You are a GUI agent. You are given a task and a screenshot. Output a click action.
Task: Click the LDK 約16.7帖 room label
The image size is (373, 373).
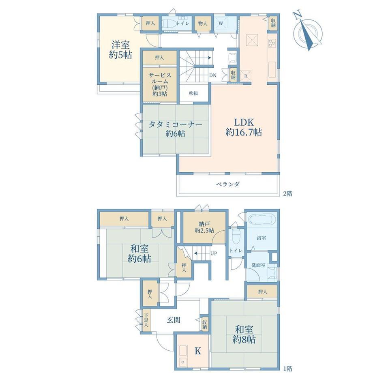click(244, 127)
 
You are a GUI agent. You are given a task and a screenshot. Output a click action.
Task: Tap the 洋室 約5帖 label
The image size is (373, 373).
click(120, 50)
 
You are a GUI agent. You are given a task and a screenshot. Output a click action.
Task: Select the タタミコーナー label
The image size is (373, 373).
click(175, 124)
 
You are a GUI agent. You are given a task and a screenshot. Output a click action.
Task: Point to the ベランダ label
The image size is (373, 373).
click(228, 184)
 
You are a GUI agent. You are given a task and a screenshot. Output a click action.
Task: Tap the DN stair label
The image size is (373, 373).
click(213, 75)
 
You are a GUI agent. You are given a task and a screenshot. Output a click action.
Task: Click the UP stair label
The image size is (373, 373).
click(214, 253)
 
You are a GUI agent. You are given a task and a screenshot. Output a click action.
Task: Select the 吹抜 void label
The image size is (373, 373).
click(193, 93)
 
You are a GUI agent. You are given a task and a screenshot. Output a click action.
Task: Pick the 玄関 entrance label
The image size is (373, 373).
click(173, 320)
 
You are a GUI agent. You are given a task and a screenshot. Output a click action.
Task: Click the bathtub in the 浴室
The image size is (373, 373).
click(262, 219)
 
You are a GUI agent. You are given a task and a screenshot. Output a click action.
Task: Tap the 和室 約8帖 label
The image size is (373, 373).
click(244, 334)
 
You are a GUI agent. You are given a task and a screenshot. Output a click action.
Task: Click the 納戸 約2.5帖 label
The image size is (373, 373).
click(204, 227)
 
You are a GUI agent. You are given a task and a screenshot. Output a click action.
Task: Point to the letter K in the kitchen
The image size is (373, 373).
click(198, 351)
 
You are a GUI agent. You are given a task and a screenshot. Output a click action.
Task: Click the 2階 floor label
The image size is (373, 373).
click(287, 194)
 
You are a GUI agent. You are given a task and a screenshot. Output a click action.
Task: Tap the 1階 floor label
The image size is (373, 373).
click(287, 369)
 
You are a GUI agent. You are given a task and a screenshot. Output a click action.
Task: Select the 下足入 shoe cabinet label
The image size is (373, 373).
click(146, 320)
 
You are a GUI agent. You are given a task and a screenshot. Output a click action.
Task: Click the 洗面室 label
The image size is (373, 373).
click(258, 265)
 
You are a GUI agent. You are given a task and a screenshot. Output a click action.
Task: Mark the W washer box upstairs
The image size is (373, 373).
click(221, 23)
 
